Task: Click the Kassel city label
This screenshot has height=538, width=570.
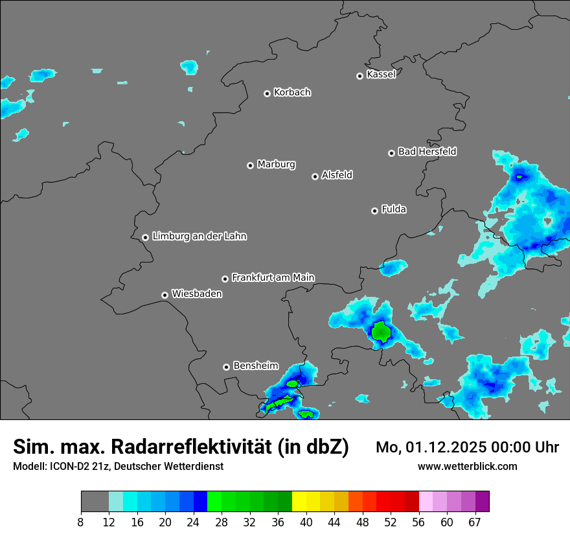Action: click(381, 75)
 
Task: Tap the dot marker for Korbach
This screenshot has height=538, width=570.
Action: click(267, 93)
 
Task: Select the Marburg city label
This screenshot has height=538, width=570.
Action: click(276, 165)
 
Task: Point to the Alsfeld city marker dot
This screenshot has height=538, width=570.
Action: click(315, 176)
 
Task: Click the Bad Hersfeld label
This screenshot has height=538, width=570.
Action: click(427, 152)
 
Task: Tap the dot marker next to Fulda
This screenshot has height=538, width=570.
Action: click(374, 211)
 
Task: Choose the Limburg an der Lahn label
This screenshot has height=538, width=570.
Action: click(199, 237)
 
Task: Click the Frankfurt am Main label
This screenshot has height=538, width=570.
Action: click(273, 277)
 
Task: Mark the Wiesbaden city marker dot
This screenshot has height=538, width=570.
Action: click(165, 295)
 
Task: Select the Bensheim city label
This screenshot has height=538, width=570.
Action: click(255, 366)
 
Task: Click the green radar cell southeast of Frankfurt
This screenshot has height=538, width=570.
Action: click(381, 332)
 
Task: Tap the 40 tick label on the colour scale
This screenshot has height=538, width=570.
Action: click(306, 522)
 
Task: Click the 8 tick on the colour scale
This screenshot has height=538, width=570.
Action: click(82, 522)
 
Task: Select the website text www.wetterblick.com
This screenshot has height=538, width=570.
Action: click(467, 467)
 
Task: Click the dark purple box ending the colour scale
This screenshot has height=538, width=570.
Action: click(483, 502)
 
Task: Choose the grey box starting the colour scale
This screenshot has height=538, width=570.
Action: click(95, 502)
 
